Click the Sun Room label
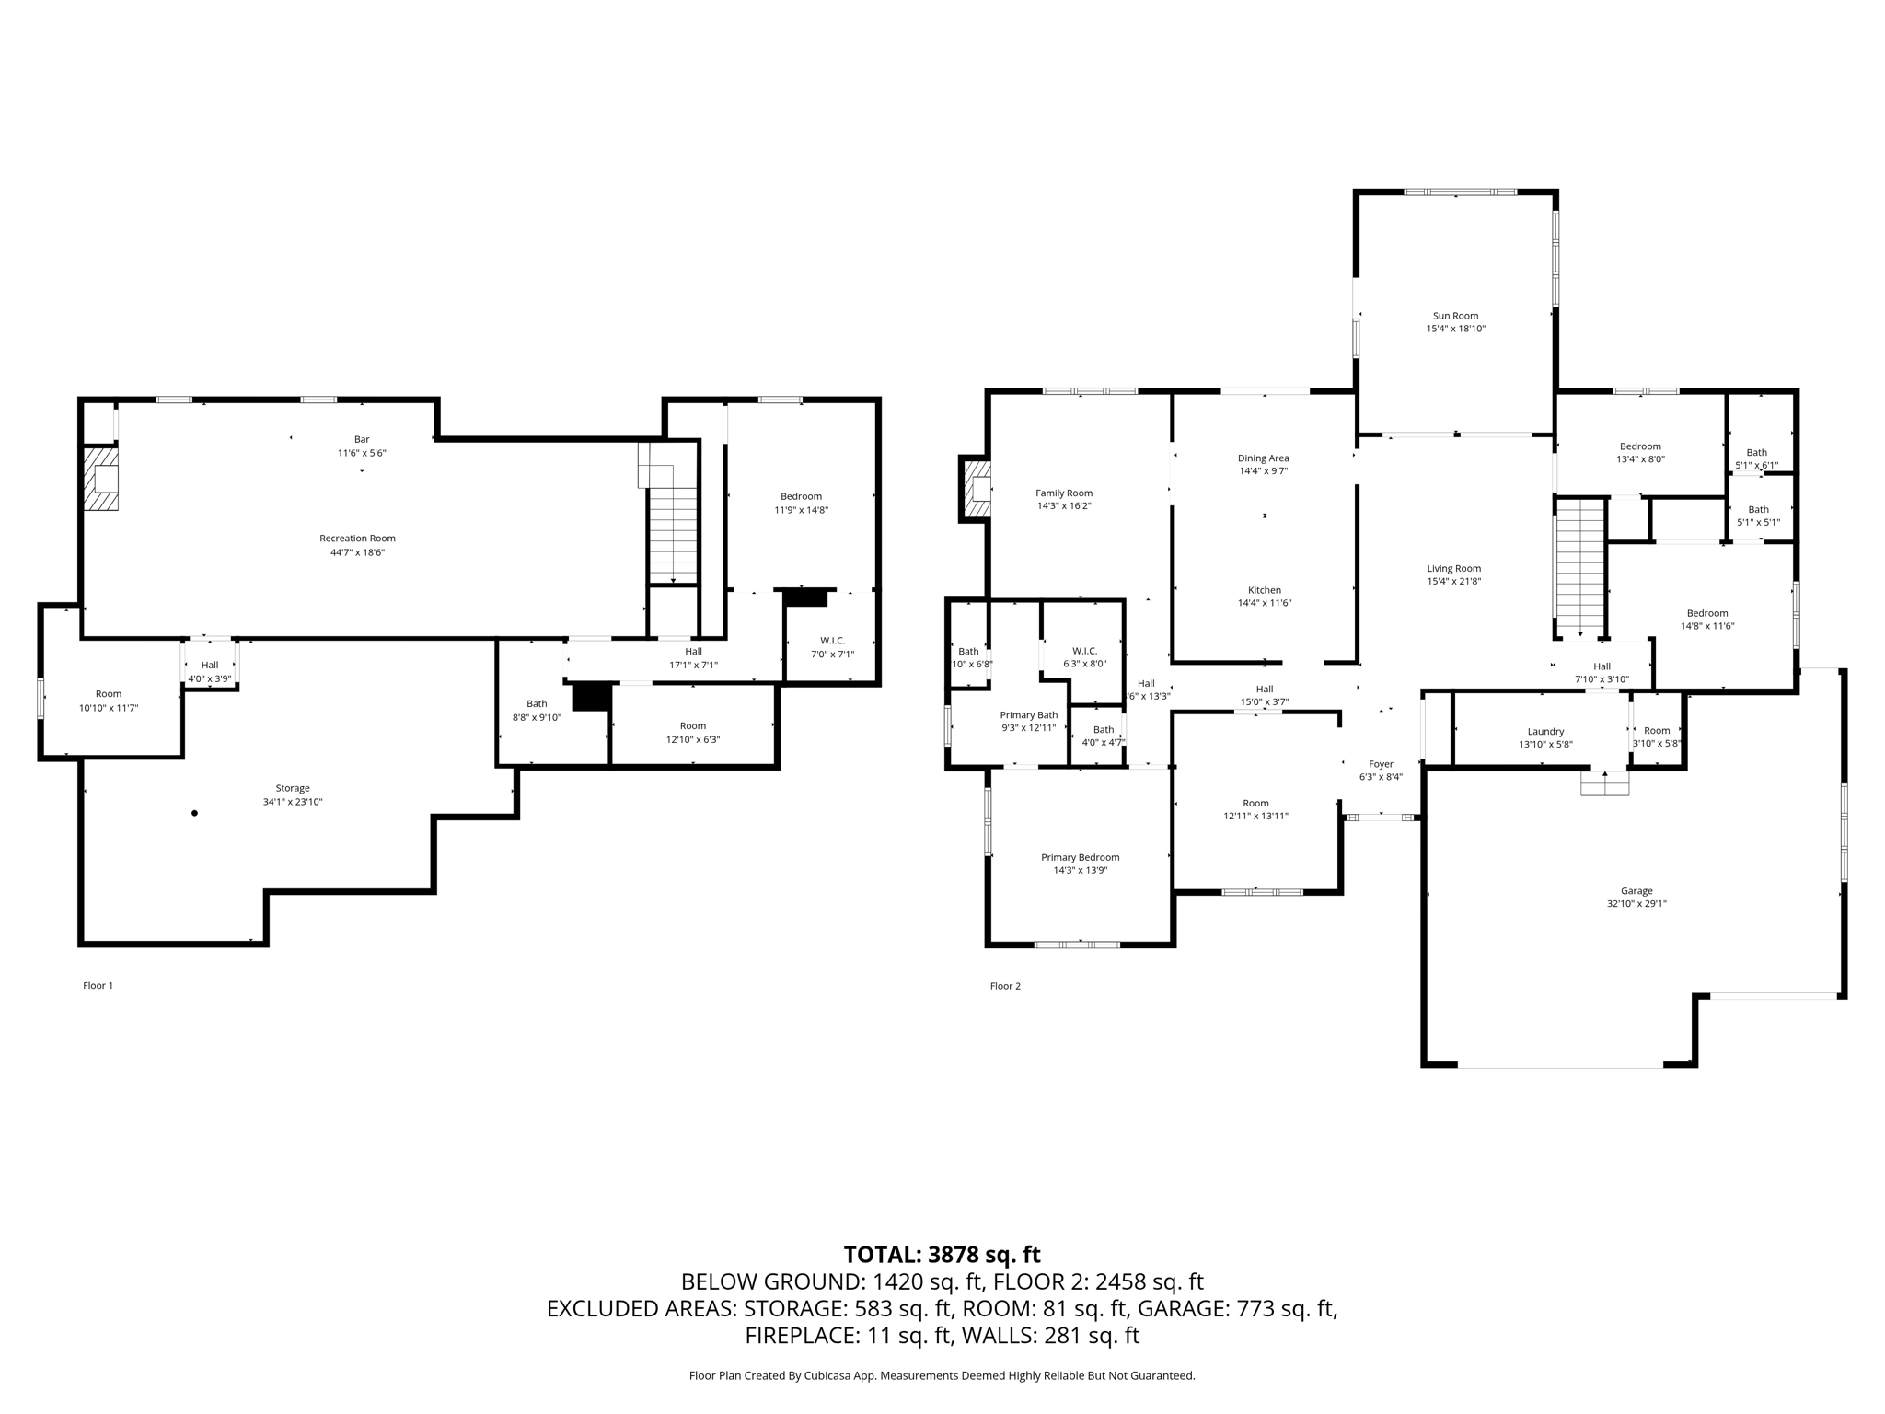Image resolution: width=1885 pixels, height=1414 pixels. click(x=1455, y=316)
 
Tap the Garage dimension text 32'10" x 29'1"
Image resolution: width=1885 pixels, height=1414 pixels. click(x=1636, y=904)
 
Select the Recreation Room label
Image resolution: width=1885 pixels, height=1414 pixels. click(x=357, y=539)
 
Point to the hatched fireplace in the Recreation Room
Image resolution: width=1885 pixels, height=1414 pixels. click(x=101, y=479)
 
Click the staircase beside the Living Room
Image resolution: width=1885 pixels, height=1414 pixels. click(x=1580, y=566)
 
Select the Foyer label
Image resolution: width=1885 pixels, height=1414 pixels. click(x=1381, y=764)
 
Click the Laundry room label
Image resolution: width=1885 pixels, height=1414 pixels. click(x=1545, y=732)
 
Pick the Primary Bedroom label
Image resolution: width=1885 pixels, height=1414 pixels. click(x=1081, y=857)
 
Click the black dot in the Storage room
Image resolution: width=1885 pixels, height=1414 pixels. click(x=194, y=813)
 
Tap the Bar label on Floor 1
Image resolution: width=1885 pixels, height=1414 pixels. click(x=362, y=439)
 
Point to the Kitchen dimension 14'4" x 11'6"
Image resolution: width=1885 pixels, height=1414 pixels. click(x=1265, y=603)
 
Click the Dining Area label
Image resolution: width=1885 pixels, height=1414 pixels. click(x=1264, y=458)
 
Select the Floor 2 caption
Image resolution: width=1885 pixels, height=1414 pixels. click(x=1005, y=986)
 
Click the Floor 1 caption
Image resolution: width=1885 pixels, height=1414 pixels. click(x=98, y=985)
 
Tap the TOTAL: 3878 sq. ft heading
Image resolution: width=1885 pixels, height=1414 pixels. click(x=942, y=1255)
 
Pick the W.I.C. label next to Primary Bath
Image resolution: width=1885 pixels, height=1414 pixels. click(x=1085, y=651)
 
